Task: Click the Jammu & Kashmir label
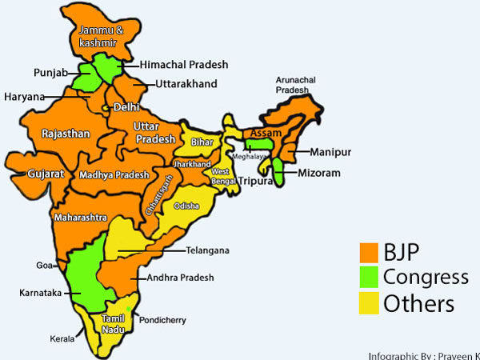98,36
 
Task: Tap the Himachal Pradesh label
183,64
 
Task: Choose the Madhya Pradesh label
114,174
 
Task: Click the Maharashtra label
81,217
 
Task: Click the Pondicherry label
162,320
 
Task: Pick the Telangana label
207,250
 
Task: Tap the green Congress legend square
369,278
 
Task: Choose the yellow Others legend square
369,304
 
